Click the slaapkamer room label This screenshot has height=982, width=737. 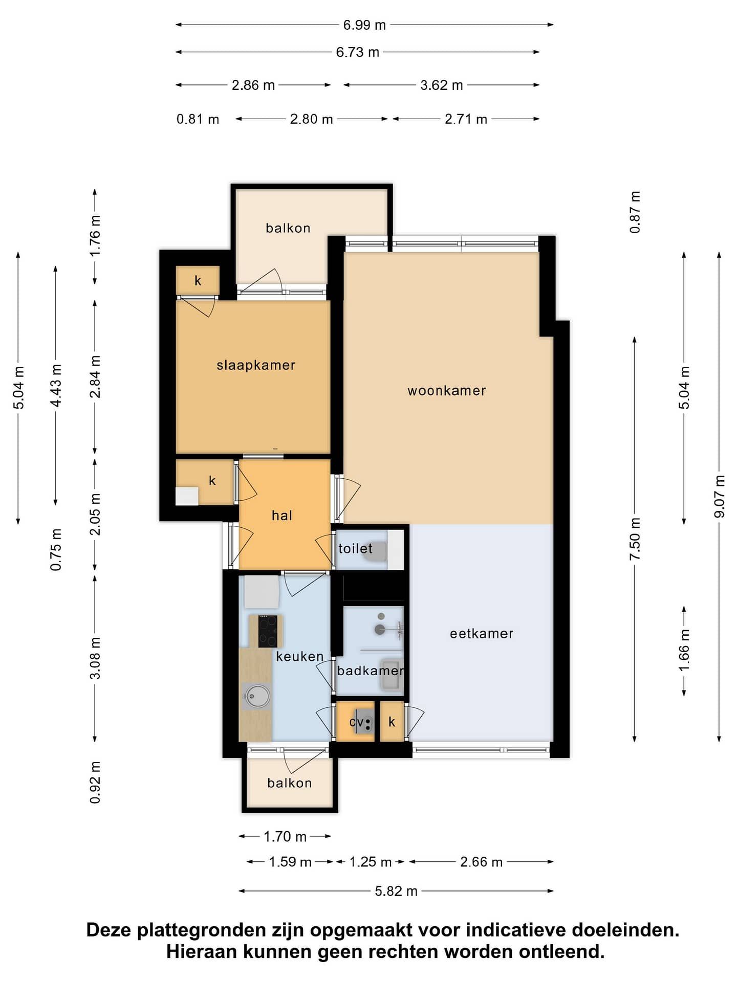256,365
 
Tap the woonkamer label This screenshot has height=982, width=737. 447,391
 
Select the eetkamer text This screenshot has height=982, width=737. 482,634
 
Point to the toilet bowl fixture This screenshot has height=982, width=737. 377,550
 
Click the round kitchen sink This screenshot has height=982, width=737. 256,696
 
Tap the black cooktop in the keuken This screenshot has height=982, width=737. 268,631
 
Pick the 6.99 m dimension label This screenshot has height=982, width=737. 364,25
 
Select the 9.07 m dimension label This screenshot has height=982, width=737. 720,496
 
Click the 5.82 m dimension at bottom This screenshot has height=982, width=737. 396,891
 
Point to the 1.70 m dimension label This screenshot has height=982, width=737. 285,837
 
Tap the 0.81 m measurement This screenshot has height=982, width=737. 198,119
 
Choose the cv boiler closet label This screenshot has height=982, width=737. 356,722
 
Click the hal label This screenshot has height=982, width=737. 282,516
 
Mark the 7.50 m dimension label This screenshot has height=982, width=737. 635,539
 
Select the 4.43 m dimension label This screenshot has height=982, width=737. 56,386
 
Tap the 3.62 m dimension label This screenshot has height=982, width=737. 442,85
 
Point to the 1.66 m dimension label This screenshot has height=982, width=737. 684,651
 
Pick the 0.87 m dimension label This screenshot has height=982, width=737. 635,212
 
